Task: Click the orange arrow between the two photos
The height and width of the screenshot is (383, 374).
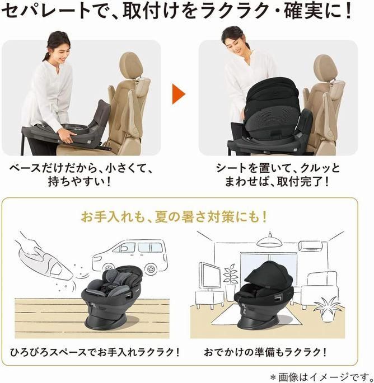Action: pyautogui.click(x=178, y=94)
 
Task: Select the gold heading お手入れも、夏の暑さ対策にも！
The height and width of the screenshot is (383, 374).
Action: pyautogui.click(x=174, y=217)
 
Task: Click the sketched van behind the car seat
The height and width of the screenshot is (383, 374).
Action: pyautogui.click(x=130, y=256)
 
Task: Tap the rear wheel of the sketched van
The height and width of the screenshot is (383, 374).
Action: pyautogui.click(x=151, y=268)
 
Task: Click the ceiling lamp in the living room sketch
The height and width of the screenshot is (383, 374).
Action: pyautogui.click(x=270, y=240)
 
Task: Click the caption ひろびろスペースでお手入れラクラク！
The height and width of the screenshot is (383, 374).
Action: pyautogui.click(x=95, y=352)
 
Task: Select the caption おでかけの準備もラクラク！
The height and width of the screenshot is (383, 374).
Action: pyautogui.click(x=265, y=352)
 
